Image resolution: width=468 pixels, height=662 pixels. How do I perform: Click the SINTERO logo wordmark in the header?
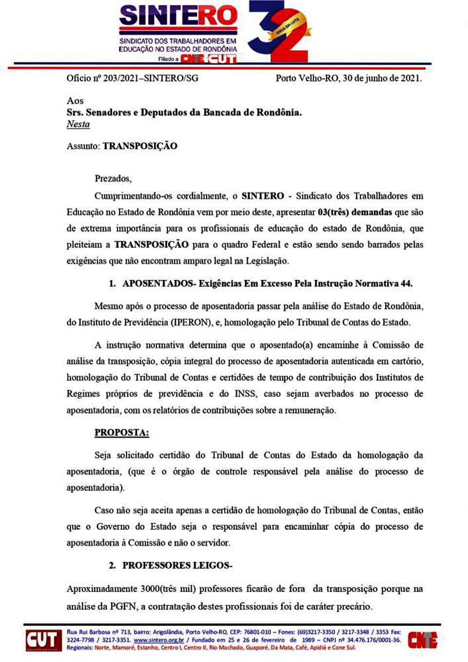coord(178,16)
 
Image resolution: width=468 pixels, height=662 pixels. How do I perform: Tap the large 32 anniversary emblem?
coord(279,32)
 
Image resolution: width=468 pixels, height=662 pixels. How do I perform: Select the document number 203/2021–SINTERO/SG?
coord(151,78)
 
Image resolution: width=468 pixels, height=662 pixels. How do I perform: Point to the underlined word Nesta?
coord(78,124)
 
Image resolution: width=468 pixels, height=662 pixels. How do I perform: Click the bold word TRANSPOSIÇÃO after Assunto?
coord(140,146)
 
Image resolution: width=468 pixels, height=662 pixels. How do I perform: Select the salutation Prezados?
coord(113,178)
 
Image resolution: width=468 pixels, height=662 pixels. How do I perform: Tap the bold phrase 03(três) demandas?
coord(355,212)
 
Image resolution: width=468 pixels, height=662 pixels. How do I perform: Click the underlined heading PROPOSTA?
coord(121,432)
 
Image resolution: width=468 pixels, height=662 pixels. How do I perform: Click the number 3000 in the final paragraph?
coord(150,589)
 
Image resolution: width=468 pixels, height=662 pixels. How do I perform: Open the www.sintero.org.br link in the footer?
coord(158,640)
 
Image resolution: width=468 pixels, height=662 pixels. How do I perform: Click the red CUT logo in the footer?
coord(43,640)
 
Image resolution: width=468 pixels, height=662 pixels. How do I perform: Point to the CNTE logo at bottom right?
coord(422,640)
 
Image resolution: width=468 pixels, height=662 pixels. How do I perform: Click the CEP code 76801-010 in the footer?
coord(257,632)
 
